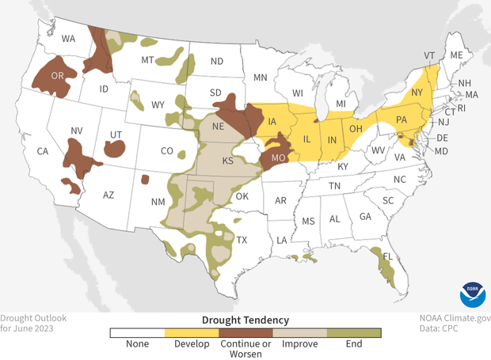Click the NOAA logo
[471, 295]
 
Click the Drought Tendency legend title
[246, 320]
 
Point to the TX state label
[242, 240]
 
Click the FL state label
[388, 257]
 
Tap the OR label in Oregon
[57, 76]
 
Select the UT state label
[115, 136]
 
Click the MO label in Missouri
[278, 157]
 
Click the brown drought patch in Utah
[115, 148]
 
